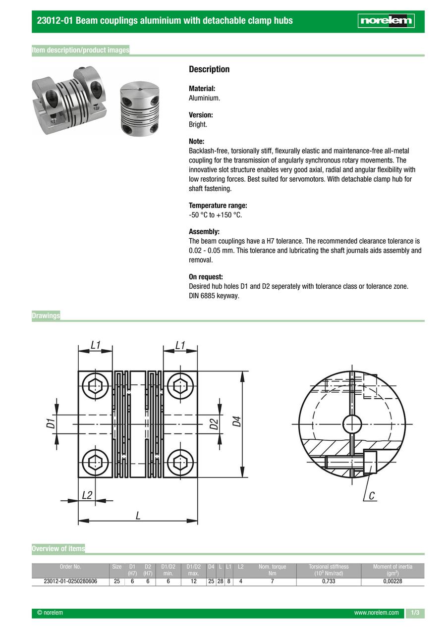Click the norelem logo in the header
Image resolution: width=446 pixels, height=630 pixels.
387,21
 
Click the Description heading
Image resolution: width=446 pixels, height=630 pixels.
209,69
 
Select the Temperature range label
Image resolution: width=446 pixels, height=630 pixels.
218,206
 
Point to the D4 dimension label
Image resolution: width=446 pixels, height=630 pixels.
237,421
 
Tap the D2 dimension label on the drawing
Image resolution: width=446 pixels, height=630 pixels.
214,424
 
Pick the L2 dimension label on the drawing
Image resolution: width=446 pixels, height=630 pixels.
87,495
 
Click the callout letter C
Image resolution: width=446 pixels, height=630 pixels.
371,495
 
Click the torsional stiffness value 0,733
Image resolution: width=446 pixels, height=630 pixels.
329,581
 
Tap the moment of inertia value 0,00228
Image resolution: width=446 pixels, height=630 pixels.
392,581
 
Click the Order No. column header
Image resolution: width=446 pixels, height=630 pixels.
70,567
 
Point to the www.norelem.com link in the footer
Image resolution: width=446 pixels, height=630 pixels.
376,613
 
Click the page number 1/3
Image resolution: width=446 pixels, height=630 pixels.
415,613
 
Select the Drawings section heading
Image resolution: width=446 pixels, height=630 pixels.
46,315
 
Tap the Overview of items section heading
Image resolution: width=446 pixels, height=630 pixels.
58,548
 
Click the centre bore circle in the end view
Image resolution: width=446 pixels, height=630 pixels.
352,423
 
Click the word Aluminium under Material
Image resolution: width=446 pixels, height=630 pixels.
204,98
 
